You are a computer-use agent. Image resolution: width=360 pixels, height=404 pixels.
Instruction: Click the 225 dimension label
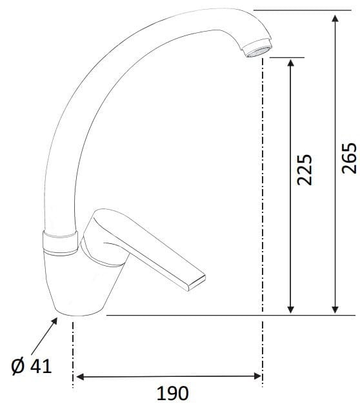(304, 169)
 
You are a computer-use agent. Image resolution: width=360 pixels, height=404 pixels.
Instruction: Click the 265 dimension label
(348, 158)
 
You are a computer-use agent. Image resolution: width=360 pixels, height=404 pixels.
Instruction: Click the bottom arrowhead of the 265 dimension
(334, 308)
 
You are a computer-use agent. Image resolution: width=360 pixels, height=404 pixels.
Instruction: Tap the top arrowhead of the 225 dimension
(290, 63)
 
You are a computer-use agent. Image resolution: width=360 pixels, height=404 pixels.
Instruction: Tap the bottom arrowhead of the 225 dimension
(290, 308)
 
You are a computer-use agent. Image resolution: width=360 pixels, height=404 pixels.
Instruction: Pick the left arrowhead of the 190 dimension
(81, 376)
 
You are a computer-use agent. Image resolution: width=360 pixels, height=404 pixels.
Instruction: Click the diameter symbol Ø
(17, 367)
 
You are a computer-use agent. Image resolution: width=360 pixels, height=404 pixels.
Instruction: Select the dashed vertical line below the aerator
(261, 194)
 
